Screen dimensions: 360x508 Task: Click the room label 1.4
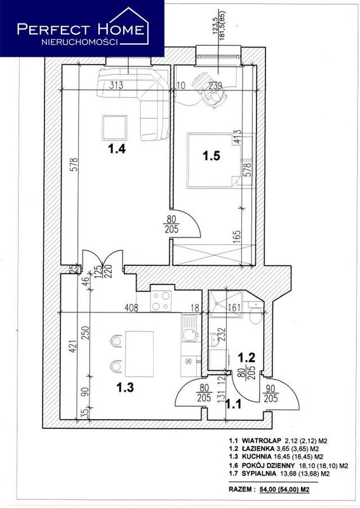tap(117, 149)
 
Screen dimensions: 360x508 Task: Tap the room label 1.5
tap(211, 156)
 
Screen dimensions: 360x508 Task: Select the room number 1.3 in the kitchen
tap(125, 387)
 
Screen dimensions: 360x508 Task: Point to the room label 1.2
tap(246, 358)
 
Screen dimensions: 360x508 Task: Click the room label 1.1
tap(233, 404)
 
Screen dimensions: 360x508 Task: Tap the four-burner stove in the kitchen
tap(161, 301)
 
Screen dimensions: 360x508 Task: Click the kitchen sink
tap(189, 329)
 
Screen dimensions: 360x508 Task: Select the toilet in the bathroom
tap(256, 313)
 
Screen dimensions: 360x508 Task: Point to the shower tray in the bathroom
tap(225, 304)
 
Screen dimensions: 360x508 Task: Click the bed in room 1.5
tap(213, 160)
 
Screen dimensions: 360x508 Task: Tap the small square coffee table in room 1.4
tap(114, 128)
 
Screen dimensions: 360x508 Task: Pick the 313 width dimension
tap(116, 85)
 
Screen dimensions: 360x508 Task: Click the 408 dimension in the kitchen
tap(132, 307)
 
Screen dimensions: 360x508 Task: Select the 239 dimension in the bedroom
tap(215, 86)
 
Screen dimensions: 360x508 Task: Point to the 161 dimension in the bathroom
tap(234, 307)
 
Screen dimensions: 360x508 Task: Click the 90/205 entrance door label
tap(270, 393)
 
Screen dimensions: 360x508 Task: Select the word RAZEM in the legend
tap(239, 489)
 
